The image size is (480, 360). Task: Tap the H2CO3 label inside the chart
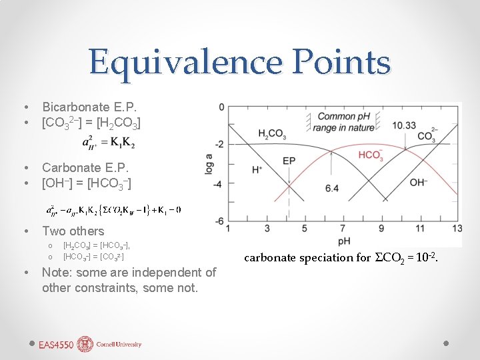(272, 133)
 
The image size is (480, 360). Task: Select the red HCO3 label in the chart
(371, 155)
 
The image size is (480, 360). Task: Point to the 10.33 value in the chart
(405, 125)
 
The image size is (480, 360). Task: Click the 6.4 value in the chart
(331, 189)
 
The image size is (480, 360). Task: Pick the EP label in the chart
(289, 161)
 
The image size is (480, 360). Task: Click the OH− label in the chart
(419, 182)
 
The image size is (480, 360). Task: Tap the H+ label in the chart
(257, 170)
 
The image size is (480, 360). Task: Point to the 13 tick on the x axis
(457, 229)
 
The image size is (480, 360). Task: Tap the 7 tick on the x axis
(342, 229)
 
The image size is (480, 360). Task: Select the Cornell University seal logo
(85, 344)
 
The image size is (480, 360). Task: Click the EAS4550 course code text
(57, 345)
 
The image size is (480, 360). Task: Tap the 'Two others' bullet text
(73, 231)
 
